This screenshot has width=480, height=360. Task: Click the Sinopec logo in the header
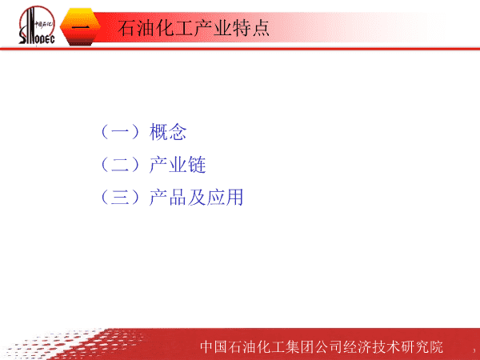coord(37,25)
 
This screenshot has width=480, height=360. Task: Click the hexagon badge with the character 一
coord(80,27)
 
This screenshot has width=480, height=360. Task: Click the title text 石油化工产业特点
coord(194,28)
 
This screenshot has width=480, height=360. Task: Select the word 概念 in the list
coord(168,132)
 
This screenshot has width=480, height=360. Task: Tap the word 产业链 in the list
coord(178,164)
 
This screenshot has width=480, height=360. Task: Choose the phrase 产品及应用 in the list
coord(196,197)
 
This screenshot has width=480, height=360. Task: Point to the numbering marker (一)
coord(120,132)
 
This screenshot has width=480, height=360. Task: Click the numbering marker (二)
coord(120,164)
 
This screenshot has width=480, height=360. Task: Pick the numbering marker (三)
coord(120,197)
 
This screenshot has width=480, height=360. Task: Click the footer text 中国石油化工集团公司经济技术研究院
coord(322,347)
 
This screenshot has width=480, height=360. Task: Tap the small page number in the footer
coord(474,350)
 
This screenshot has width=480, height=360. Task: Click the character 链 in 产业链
coord(197,164)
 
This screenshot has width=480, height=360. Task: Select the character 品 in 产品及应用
coord(178,197)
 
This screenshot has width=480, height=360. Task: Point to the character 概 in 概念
coord(158,132)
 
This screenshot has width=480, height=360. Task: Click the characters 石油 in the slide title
coord(137,28)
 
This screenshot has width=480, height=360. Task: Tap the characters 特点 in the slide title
coord(250,28)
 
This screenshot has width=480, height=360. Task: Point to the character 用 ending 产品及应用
coord(234,197)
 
